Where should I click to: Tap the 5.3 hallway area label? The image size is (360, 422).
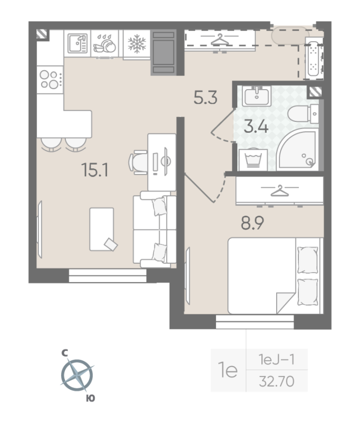206,98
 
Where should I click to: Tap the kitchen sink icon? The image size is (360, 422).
77,43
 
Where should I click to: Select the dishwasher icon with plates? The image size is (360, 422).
106,44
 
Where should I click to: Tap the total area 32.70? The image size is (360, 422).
276,379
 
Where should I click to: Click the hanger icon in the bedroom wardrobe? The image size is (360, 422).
279,190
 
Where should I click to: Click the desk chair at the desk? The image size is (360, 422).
139,161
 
